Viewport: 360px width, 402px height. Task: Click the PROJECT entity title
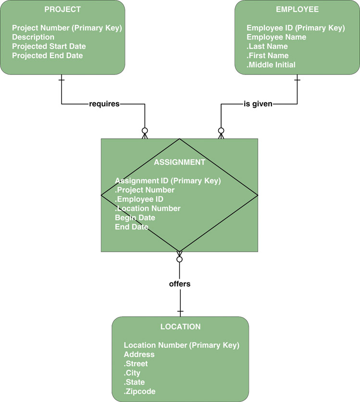click(62, 10)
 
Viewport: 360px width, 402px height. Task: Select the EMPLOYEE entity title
click(297, 10)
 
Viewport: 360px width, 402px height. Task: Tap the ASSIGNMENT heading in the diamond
click(179, 162)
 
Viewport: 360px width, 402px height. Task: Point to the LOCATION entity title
click(180, 327)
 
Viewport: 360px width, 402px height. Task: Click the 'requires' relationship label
click(104, 104)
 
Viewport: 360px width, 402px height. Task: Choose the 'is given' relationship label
click(258, 104)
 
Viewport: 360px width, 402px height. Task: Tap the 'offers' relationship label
click(180, 284)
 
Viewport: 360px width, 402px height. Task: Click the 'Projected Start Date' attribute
click(49, 47)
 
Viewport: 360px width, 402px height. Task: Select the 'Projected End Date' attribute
click(48, 56)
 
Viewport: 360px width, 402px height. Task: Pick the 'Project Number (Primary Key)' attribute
click(67, 28)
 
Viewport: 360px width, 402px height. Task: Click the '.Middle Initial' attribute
click(271, 65)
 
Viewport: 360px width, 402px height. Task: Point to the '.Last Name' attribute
click(267, 47)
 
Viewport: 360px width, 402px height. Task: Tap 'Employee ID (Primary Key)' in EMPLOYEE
click(296, 28)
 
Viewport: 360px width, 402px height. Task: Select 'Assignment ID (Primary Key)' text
click(168, 181)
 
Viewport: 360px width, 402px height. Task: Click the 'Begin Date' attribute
click(135, 218)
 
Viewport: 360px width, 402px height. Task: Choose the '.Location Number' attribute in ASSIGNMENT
click(148, 208)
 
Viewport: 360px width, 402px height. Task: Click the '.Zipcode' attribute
click(140, 391)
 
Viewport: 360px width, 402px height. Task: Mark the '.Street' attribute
click(136, 364)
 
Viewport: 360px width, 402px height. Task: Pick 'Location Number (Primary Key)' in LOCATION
click(182, 345)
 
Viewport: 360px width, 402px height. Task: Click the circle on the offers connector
click(180, 259)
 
